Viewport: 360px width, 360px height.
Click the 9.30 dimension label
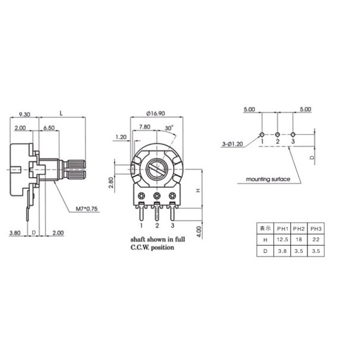coord(24,114)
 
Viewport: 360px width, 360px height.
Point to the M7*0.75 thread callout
coord(86,208)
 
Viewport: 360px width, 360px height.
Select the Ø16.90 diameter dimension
coord(156,114)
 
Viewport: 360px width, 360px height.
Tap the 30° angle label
coord(169,128)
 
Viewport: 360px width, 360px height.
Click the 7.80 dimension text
coord(144,127)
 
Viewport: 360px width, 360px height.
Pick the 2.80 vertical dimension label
coord(111,182)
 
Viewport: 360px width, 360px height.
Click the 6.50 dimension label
coord(49,128)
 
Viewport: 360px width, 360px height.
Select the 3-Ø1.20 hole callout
coord(232,144)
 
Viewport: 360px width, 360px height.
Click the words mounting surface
coord(268,179)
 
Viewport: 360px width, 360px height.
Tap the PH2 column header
coord(298,229)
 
